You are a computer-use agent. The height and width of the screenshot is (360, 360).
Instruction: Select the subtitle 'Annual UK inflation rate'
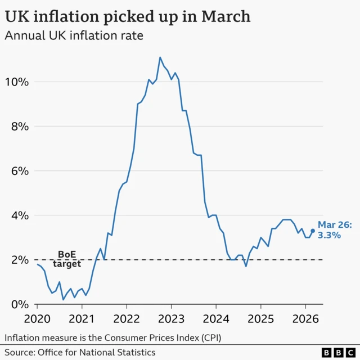(x=74, y=36)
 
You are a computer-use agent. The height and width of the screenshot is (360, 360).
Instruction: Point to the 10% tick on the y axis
(x=16, y=82)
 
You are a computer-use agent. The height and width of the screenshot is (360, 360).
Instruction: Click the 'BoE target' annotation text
(x=67, y=259)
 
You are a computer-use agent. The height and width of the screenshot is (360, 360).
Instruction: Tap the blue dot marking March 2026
(x=313, y=231)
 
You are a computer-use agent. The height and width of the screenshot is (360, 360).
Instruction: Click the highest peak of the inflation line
(x=160, y=57)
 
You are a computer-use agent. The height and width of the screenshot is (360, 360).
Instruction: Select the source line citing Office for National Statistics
(x=80, y=352)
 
